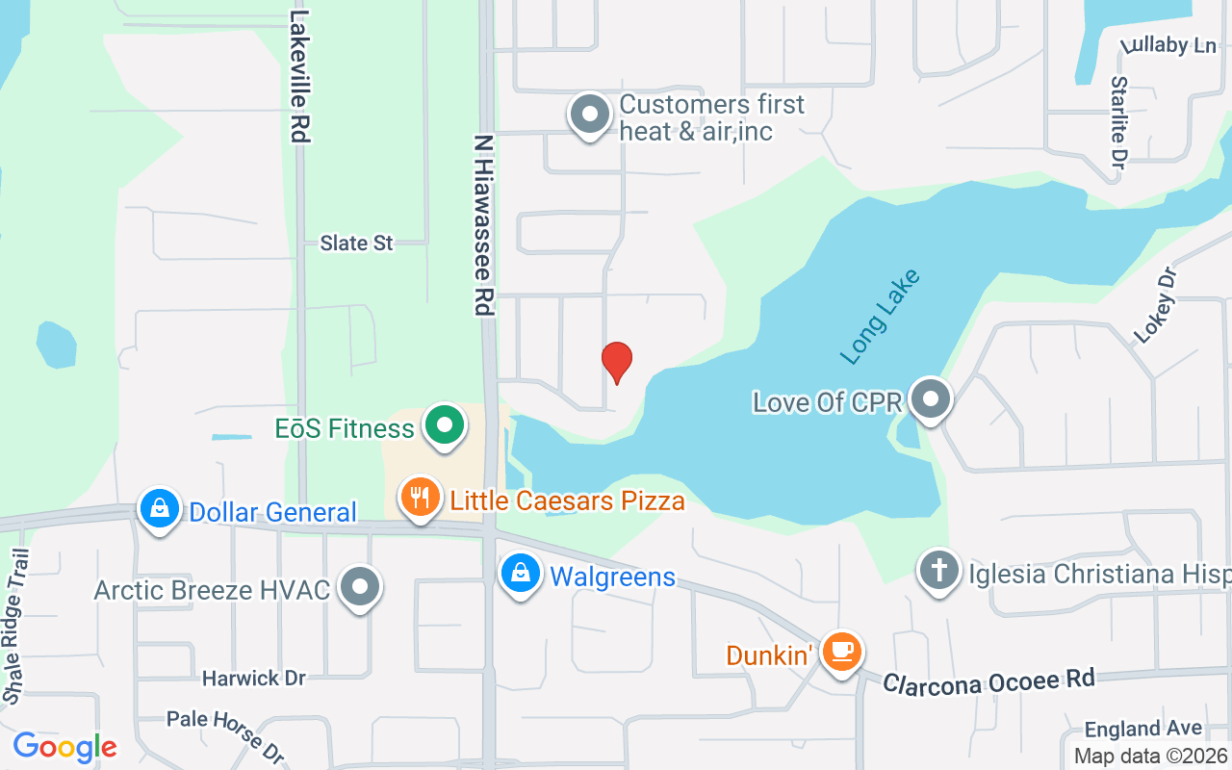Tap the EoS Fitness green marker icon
tap(444, 424)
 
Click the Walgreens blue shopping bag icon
tap(520, 574)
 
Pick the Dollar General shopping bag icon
tap(160, 508)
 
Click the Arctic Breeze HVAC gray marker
tap(361, 585)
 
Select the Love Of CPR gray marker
tap(930, 398)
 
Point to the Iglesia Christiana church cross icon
tap(938, 571)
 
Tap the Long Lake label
tap(880, 317)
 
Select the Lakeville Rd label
tap(300, 77)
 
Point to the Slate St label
tap(356, 244)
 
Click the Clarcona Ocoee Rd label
tap(988, 680)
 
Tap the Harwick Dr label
tap(253, 679)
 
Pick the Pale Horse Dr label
tap(226, 733)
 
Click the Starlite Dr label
tap(1117, 120)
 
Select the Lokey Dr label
tap(1155, 305)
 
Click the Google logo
tap(64, 747)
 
